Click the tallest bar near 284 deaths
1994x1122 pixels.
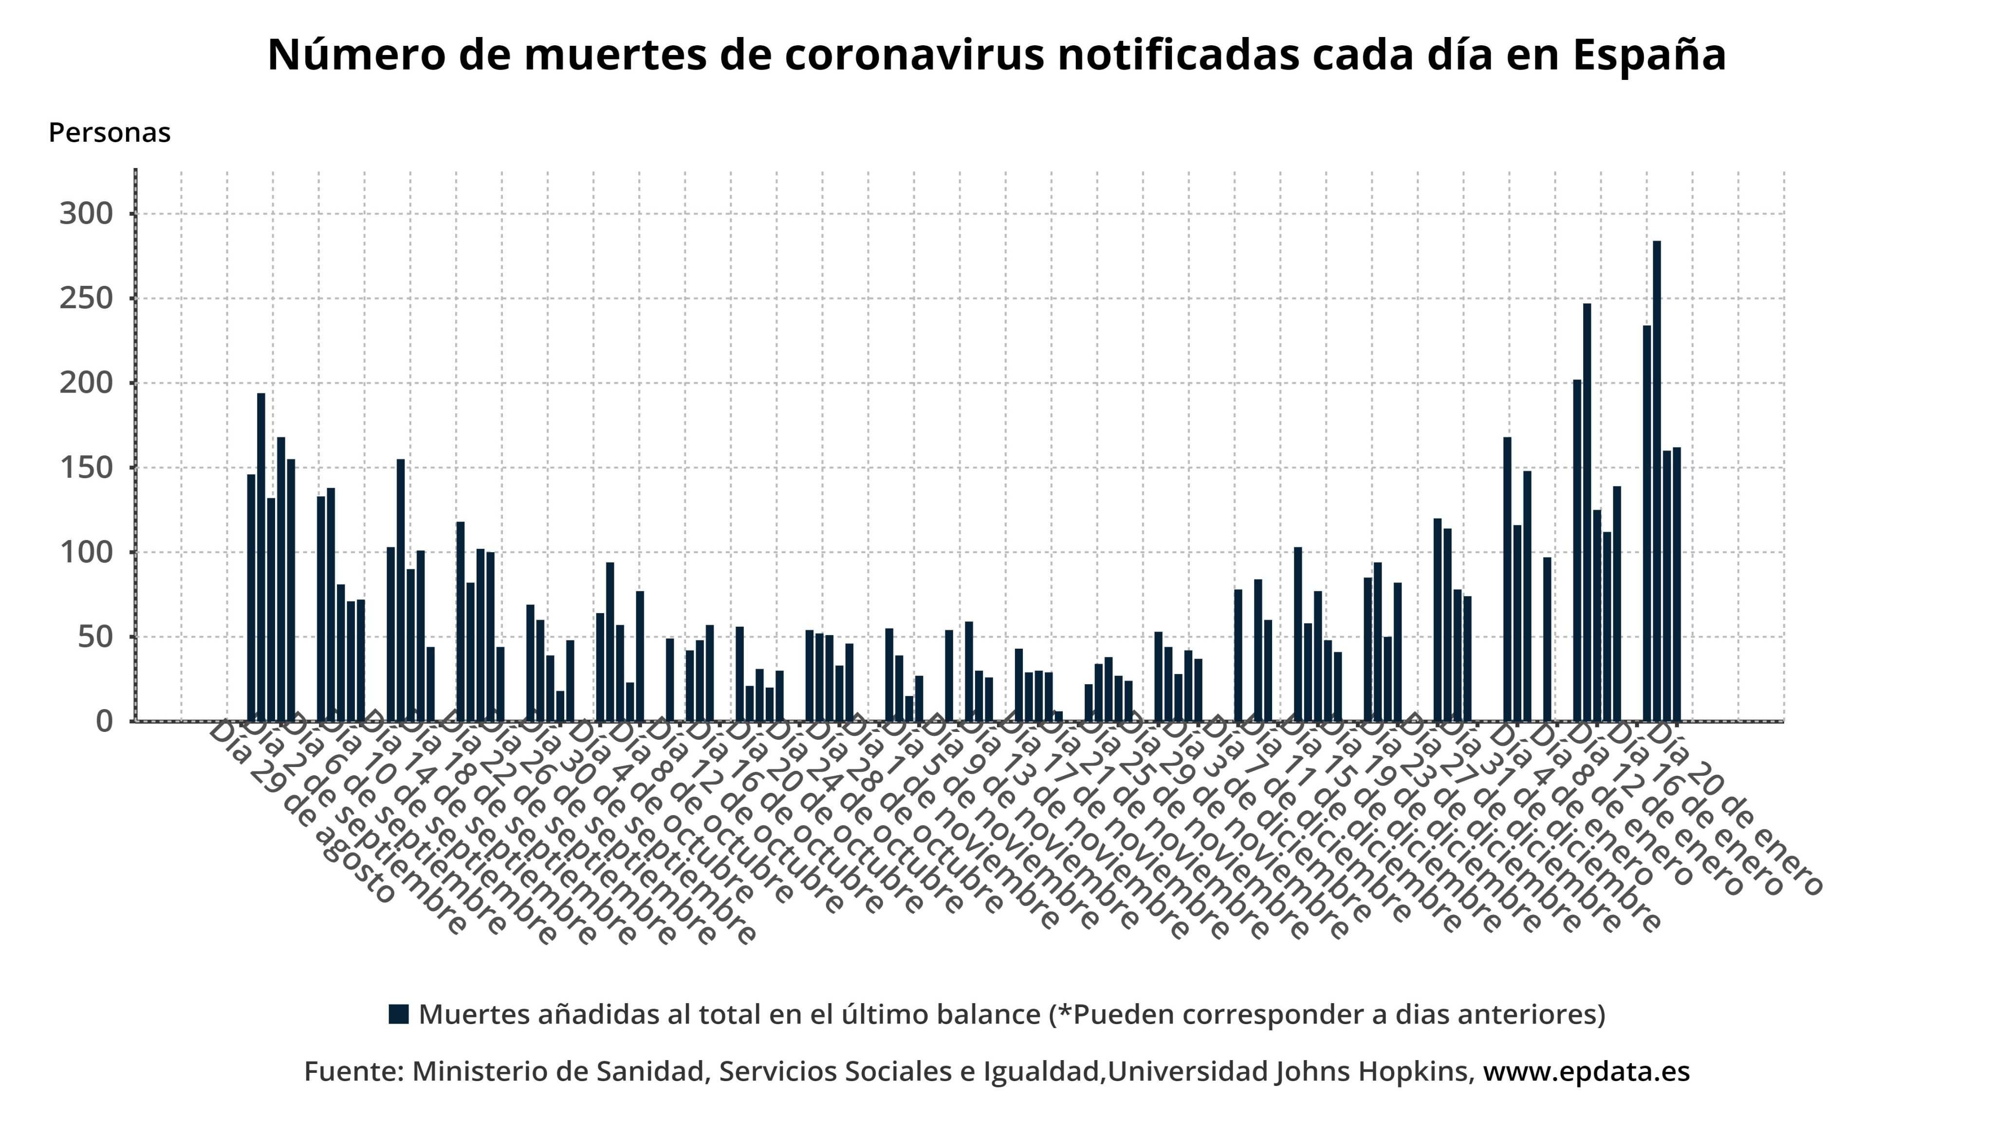1657,480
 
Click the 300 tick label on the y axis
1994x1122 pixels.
86,214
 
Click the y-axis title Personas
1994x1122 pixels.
109,132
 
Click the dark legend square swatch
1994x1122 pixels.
399,1014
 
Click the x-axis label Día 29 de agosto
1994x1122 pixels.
302,813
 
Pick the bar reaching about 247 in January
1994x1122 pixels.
1587,511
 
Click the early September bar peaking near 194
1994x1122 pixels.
261,558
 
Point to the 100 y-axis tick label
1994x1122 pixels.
86,553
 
